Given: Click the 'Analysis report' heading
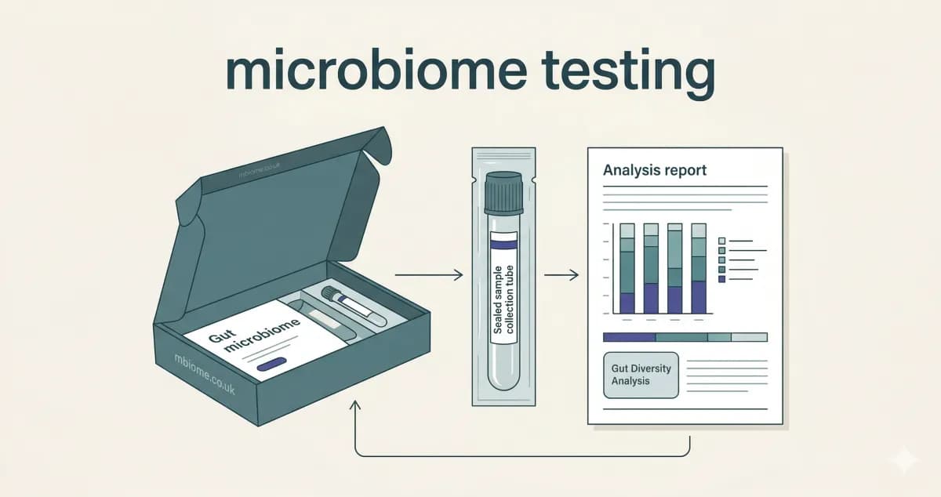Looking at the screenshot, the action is [x=655, y=170].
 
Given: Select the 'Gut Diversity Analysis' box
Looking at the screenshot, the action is [x=641, y=375].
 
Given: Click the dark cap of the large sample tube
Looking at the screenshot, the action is [x=503, y=193].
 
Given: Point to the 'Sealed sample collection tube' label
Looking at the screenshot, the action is [x=503, y=299].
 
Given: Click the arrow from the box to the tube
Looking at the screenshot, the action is [x=429, y=275].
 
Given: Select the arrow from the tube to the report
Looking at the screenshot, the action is [x=561, y=275].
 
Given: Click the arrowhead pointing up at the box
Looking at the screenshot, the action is [x=355, y=405].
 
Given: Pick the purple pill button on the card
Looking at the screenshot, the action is [x=271, y=365].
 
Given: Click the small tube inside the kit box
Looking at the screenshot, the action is [x=354, y=307].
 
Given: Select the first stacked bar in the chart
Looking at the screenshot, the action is [x=627, y=268].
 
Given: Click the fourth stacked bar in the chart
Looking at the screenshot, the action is [x=699, y=268].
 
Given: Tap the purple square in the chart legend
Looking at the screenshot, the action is [x=721, y=279].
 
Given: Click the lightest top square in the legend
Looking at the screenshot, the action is [x=721, y=241].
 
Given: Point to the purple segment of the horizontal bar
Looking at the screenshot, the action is [x=629, y=337].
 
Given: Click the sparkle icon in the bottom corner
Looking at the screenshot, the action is [x=904, y=460].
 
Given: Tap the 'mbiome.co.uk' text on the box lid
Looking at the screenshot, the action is [x=259, y=169].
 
